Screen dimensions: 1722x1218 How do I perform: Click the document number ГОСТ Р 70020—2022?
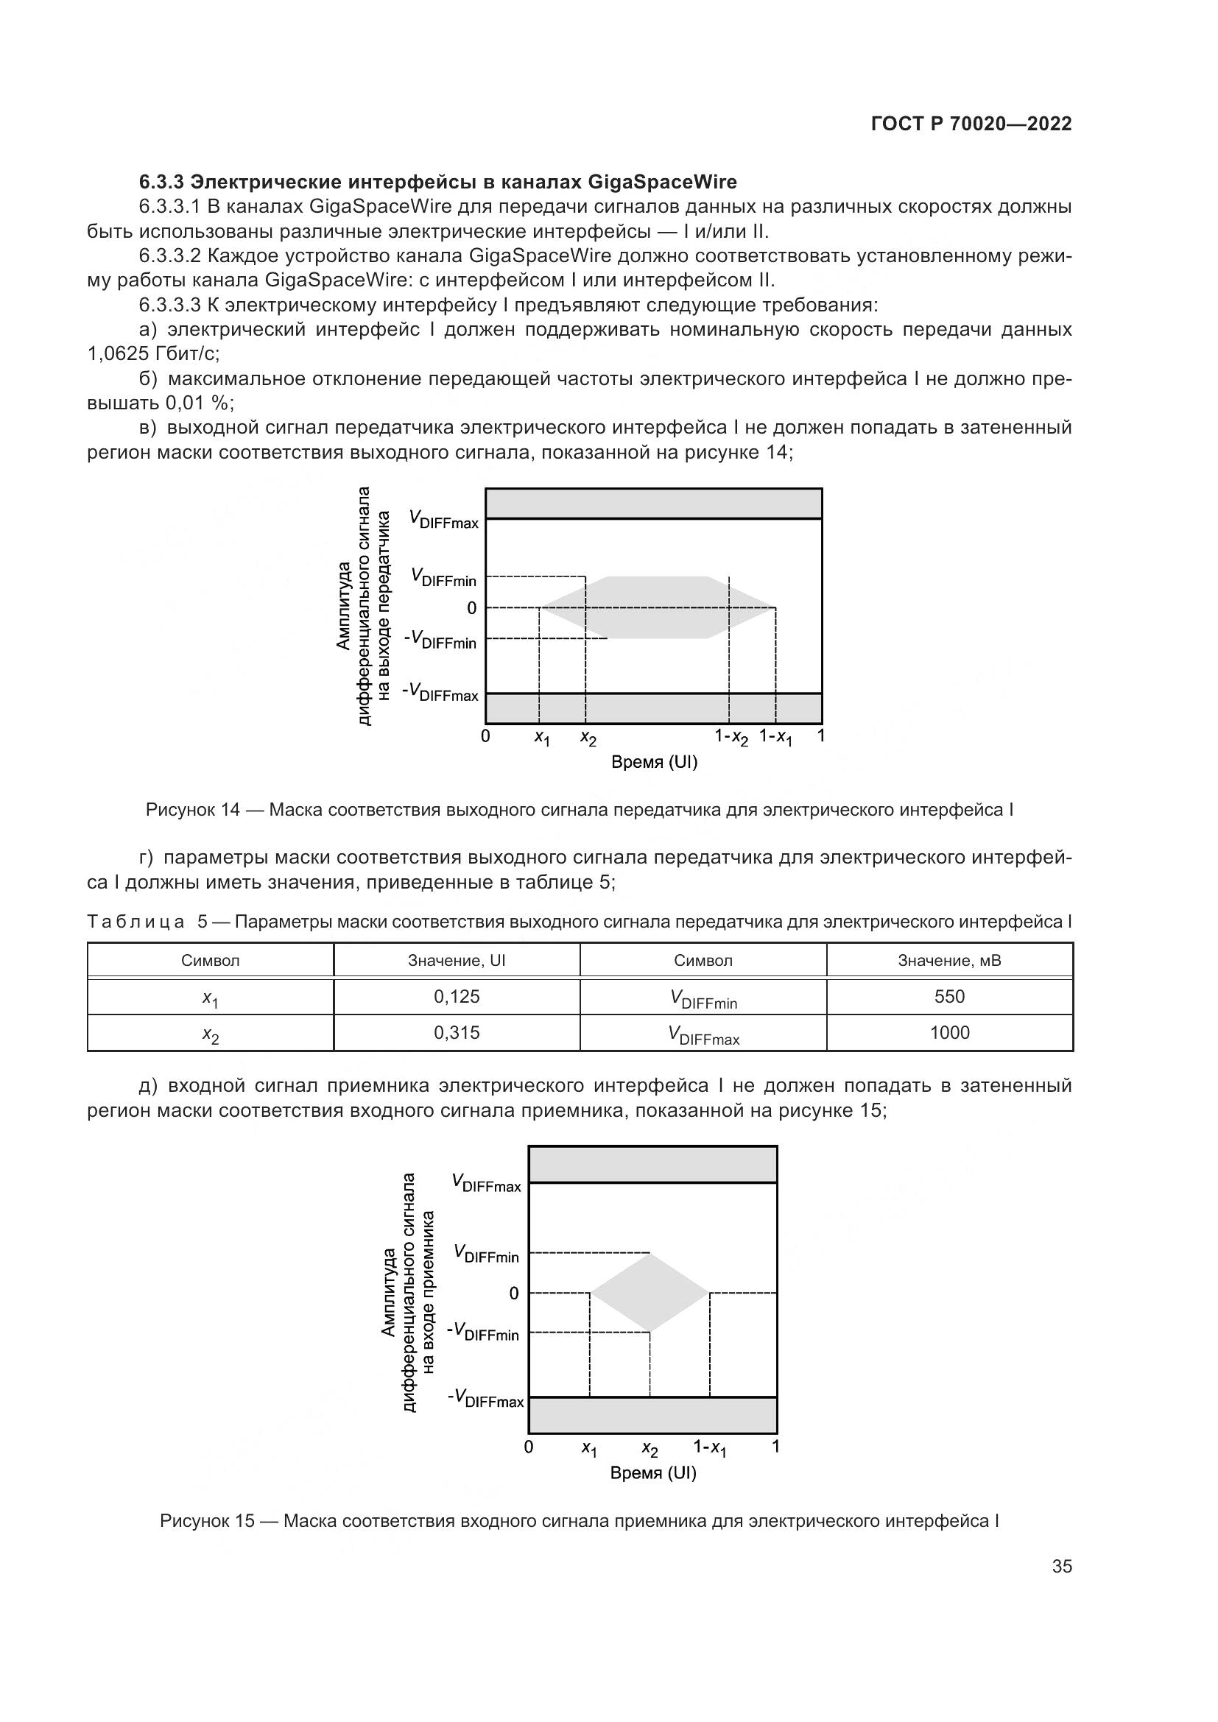pyautogui.click(x=971, y=124)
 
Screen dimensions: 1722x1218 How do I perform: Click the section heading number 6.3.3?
pyautogui.click(x=162, y=183)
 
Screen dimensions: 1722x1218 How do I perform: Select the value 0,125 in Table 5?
pyautogui.click(x=457, y=997)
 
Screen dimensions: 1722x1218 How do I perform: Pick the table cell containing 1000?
pyautogui.click(x=949, y=1033)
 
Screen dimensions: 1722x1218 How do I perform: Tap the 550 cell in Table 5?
pyautogui.click(x=949, y=997)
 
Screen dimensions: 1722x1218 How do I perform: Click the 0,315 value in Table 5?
pyautogui.click(x=457, y=1033)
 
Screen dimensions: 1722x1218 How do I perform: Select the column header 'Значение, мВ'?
pyautogui.click(x=949, y=961)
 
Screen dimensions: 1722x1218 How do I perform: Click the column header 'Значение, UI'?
pyautogui.click(x=457, y=961)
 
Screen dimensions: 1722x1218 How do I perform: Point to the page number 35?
pyautogui.click(x=1062, y=1567)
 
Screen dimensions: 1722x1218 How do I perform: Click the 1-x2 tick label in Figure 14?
pyautogui.click(x=731, y=737)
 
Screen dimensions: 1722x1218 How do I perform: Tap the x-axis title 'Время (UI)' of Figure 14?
pyautogui.click(x=654, y=763)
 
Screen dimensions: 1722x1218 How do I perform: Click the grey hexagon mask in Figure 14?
pyautogui.click(x=656, y=607)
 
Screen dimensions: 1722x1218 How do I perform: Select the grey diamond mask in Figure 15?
pyautogui.click(x=650, y=1293)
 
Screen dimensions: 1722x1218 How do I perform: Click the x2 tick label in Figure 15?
pyautogui.click(x=650, y=1449)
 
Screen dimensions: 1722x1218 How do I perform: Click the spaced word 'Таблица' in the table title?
pyautogui.click(x=135, y=922)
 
